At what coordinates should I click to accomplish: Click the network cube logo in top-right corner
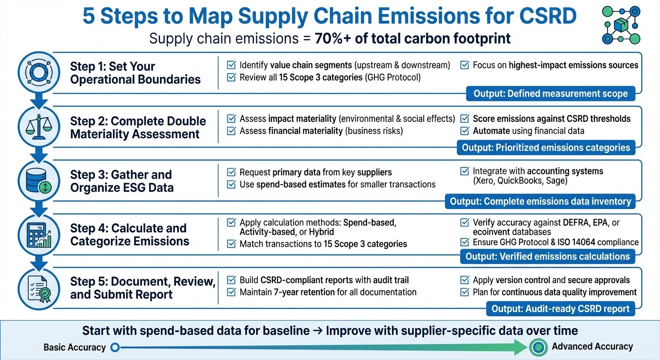click(x=621, y=25)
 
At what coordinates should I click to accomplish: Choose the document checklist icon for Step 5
click(x=39, y=288)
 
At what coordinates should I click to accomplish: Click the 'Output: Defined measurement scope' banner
click(x=550, y=94)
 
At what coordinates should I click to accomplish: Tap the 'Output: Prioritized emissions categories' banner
click(x=546, y=148)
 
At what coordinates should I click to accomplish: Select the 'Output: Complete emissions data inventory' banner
click(x=540, y=202)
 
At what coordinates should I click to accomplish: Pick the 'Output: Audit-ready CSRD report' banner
click(x=560, y=309)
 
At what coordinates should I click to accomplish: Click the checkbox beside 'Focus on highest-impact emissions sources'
click(x=465, y=65)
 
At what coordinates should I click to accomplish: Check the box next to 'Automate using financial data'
click(x=465, y=131)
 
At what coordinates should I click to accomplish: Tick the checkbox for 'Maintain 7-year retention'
click(x=231, y=292)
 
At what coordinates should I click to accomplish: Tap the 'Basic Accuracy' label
click(x=75, y=347)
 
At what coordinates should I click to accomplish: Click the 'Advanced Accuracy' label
click(x=592, y=347)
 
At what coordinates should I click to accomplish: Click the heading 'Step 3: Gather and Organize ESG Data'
click(x=122, y=181)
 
